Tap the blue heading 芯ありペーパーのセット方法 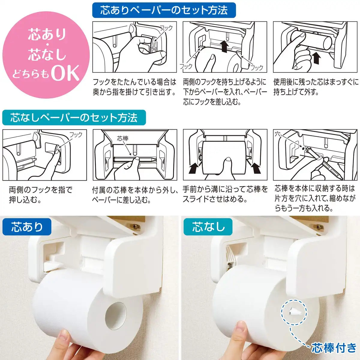[164, 10]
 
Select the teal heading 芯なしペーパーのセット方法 [74, 117]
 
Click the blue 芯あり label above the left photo [27, 227]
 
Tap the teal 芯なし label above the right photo [208, 227]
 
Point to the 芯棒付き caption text [334, 348]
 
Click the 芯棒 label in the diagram [122, 138]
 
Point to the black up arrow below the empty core [316, 58]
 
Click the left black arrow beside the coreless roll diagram [194, 168]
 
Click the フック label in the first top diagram [166, 28]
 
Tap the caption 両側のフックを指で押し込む [40, 194]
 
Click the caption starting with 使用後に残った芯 [316, 87]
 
